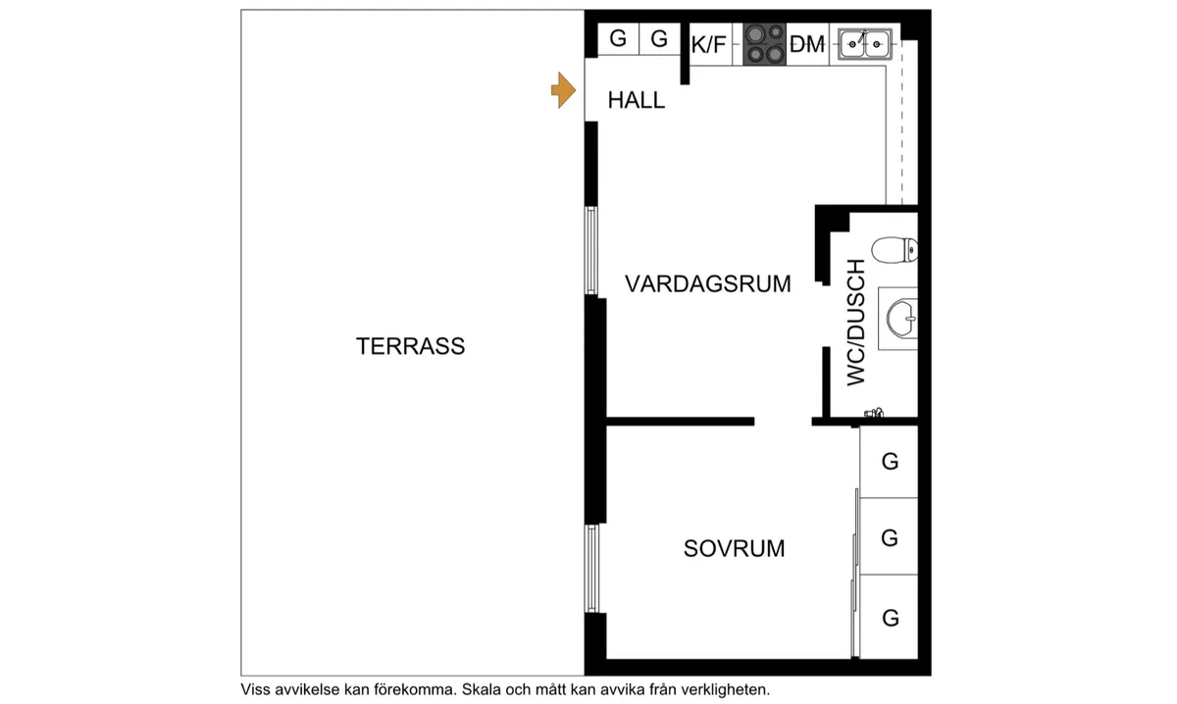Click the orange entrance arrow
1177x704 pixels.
point(563,90)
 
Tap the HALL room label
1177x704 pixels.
point(637,100)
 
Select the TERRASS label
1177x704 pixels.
point(410,346)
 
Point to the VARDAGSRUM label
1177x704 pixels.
point(708,283)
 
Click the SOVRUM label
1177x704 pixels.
point(734,548)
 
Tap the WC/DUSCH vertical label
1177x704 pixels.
point(856,323)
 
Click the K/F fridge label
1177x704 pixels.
point(708,45)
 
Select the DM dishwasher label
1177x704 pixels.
point(807,45)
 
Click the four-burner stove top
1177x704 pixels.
point(764,44)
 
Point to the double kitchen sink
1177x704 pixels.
point(865,44)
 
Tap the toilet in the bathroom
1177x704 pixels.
point(895,250)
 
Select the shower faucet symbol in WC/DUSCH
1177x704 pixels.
point(874,413)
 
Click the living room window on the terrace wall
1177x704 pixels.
point(591,251)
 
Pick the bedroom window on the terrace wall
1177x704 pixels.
point(591,569)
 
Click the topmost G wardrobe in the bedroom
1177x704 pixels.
point(889,462)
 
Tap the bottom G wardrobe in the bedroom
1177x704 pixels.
point(889,617)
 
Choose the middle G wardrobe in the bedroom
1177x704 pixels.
point(889,536)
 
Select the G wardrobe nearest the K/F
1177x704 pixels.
point(659,39)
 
